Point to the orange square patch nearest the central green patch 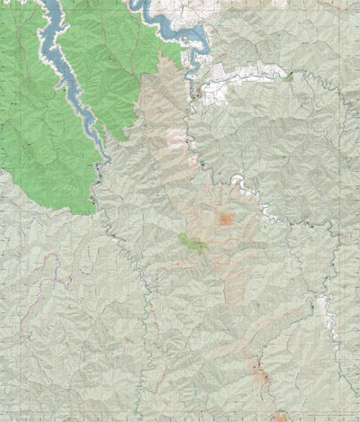tap(225, 219)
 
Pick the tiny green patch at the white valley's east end tap(288, 77)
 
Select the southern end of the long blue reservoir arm tap(106, 153)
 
